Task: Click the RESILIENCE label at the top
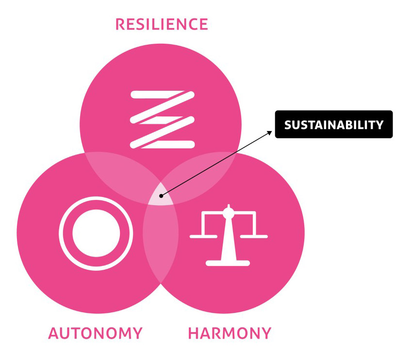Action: pyautogui.click(x=162, y=24)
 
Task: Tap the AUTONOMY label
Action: pyautogui.click(x=95, y=334)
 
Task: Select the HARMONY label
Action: pyautogui.click(x=230, y=334)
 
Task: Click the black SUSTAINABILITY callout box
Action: pyautogui.click(x=333, y=125)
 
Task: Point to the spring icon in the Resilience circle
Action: pyautogui.click(x=162, y=119)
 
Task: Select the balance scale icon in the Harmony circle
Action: pyautogui.click(x=228, y=236)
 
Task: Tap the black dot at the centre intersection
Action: pyautogui.click(x=161, y=196)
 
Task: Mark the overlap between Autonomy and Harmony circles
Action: pyautogui.click(x=160, y=243)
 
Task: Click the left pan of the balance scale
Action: pyautogui.click(x=203, y=236)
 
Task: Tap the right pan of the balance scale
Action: pyautogui.click(x=253, y=236)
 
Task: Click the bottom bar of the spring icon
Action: pyautogui.click(x=162, y=144)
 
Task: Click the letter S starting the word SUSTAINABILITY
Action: pyautogui.click(x=287, y=125)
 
